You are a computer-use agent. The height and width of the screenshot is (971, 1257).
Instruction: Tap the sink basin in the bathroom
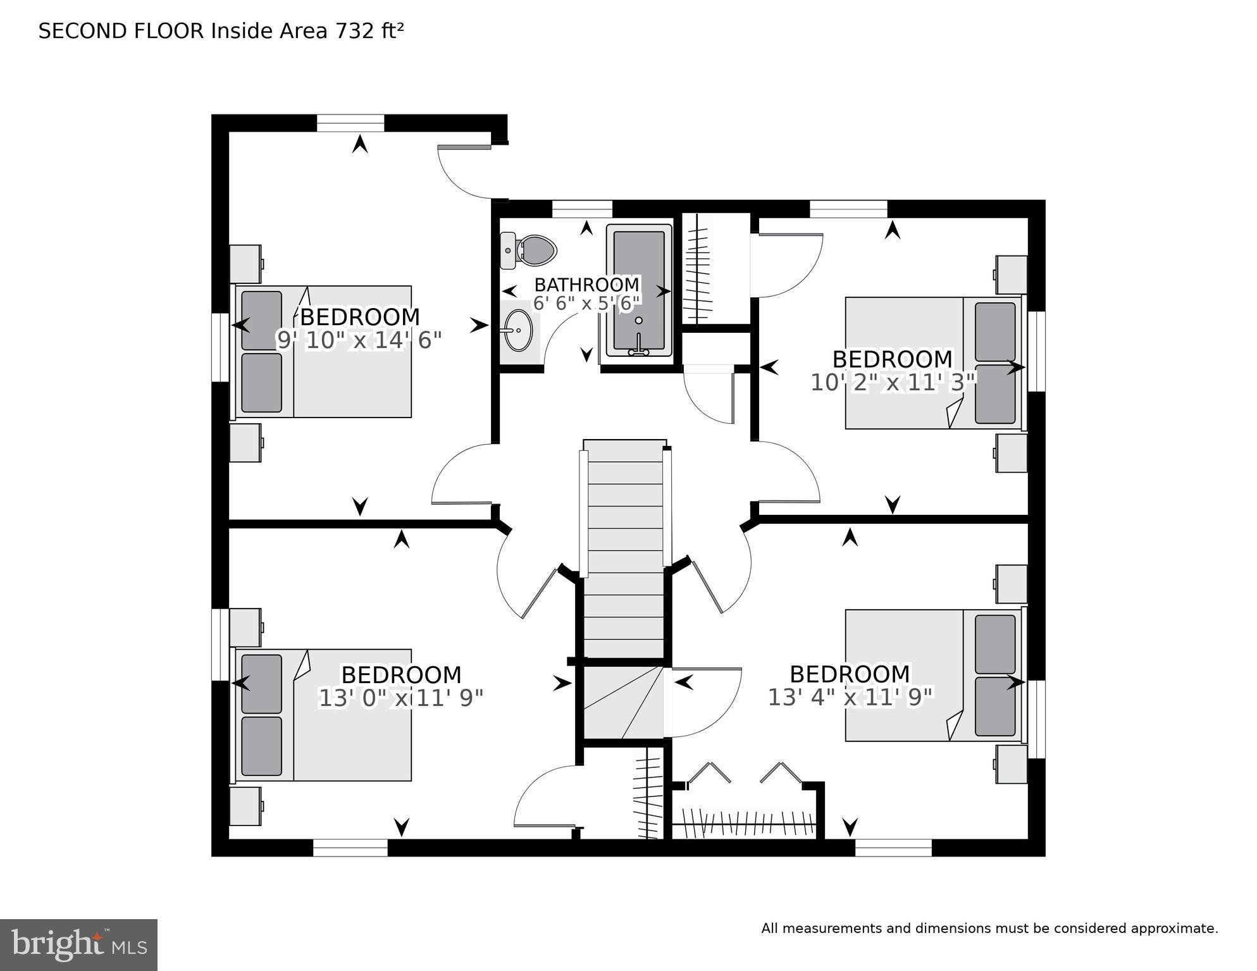tap(519, 330)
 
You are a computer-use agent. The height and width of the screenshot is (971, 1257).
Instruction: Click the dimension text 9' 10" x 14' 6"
tap(359, 340)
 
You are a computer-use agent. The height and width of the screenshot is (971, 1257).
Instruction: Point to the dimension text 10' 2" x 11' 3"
tap(893, 382)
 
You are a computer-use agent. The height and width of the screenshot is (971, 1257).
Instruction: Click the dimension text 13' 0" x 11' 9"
tap(400, 698)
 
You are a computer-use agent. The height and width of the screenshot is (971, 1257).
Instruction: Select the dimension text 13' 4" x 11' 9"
tap(850, 697)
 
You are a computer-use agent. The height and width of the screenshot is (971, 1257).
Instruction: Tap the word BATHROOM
tap(586, 285)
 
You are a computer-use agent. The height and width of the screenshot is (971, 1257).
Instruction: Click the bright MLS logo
tap(78, 944)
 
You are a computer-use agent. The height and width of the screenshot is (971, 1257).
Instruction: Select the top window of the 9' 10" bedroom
tap(350, 123)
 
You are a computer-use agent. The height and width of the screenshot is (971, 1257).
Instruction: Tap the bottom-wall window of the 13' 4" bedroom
tap(893, 847)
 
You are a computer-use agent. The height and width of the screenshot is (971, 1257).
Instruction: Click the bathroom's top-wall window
tap(582, 208)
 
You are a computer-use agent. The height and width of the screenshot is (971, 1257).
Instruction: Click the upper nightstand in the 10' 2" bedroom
tap(1011, 275)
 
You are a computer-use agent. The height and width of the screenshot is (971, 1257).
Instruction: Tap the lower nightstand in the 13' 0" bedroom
tap(245, 806)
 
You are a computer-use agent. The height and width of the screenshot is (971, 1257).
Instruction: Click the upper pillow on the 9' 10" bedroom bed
tap(261, 320)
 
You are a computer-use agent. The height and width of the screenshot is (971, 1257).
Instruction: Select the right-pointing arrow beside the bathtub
tap(663, 292)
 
